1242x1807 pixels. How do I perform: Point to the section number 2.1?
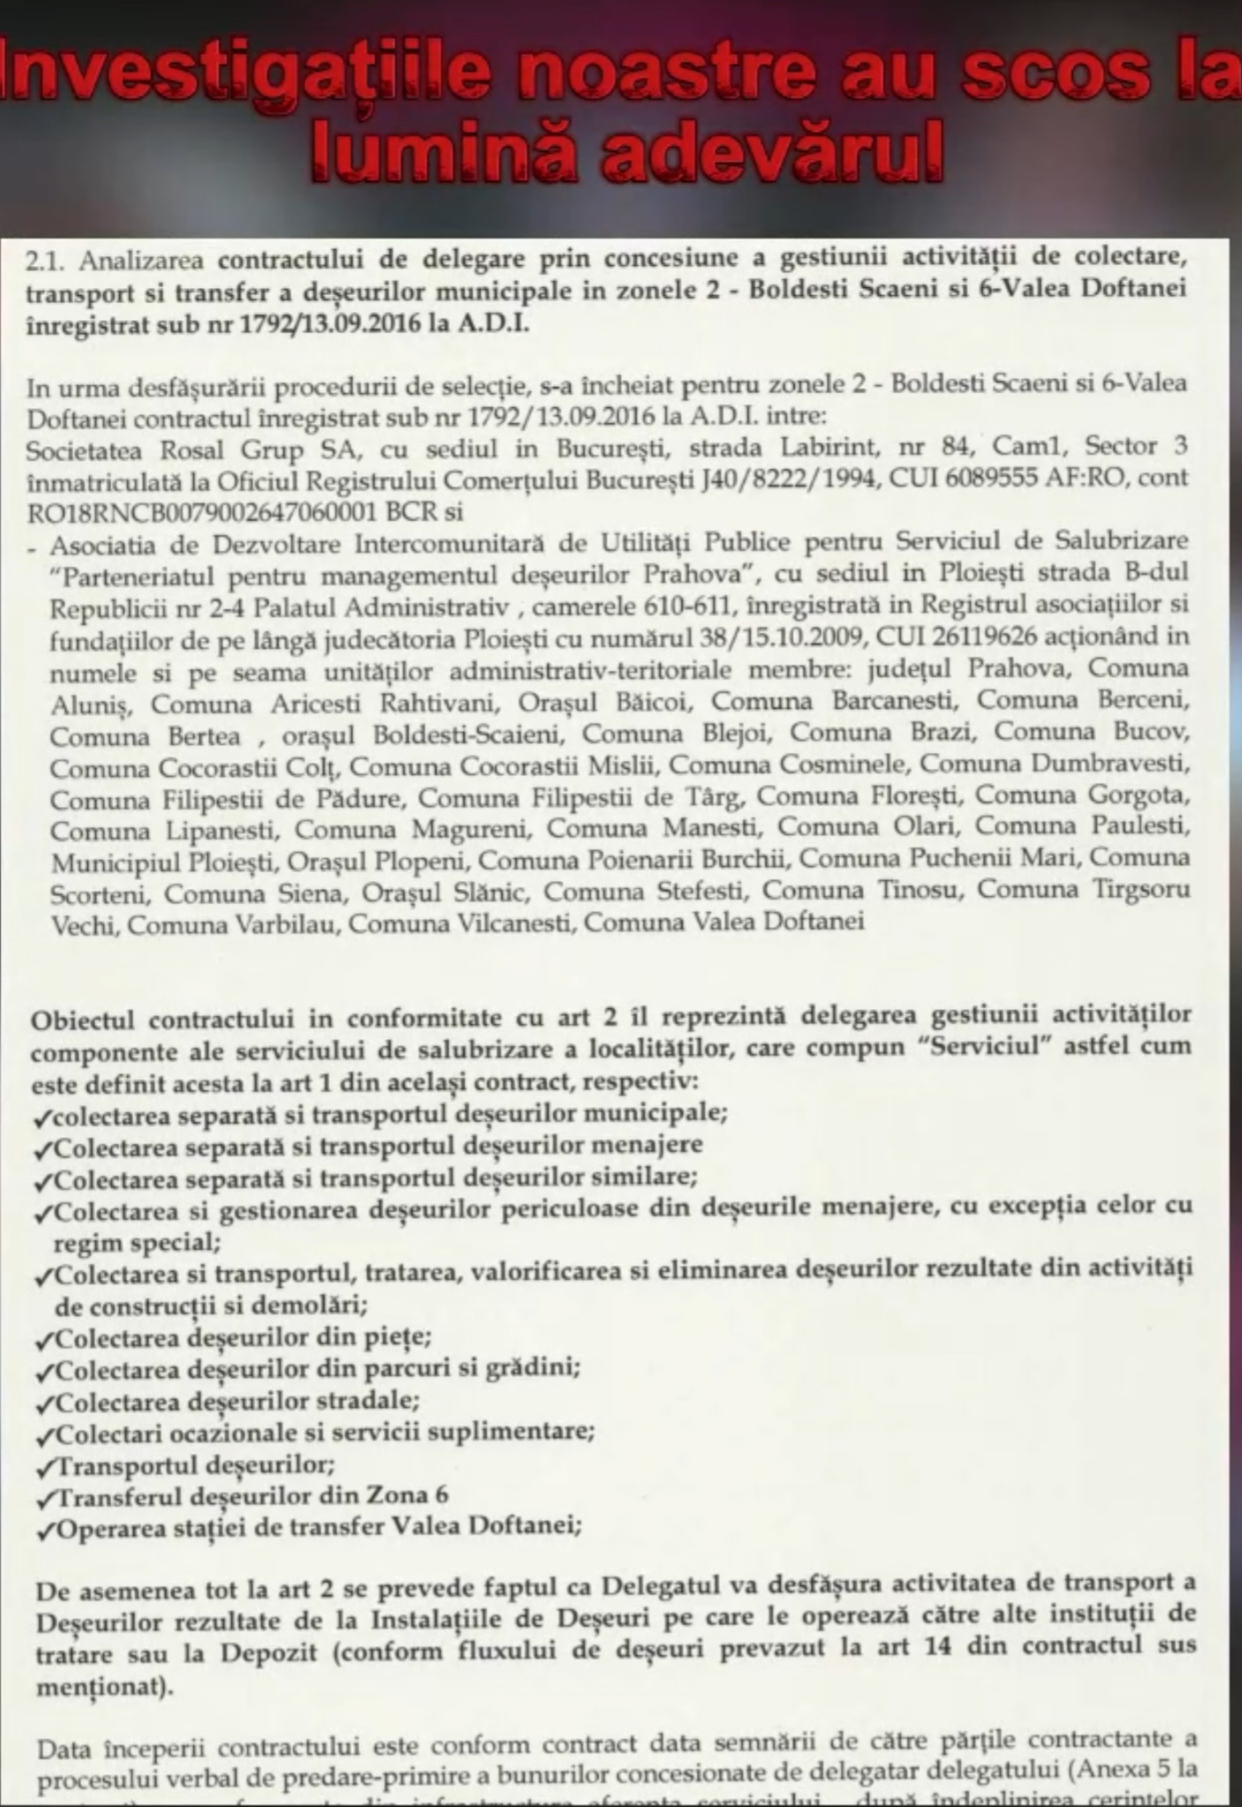(48, 262)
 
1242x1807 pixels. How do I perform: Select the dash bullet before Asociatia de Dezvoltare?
(33, 548)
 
